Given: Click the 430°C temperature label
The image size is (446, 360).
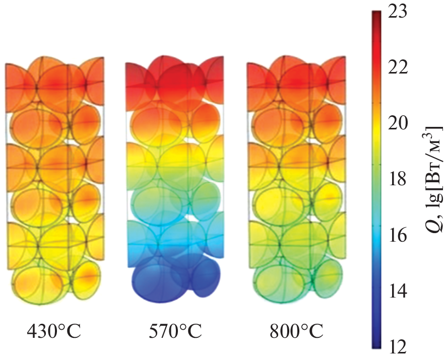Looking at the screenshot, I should pyautogui.click(x=54, y=332).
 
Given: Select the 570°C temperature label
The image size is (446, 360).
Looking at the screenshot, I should pyautogui.click(x=175, y=332).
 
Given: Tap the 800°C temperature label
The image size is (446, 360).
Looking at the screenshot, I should pyautogui.click(x=296, y=332).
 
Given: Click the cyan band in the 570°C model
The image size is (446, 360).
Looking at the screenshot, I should pyautogui.click(x=166, y=242).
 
